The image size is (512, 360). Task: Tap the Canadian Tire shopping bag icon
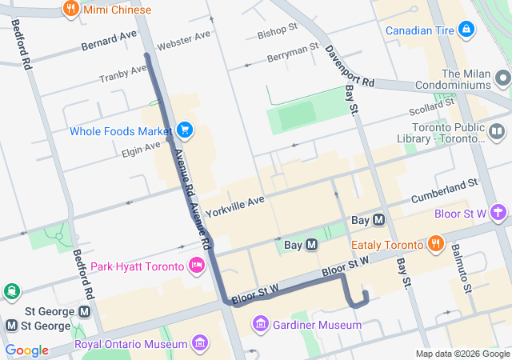pos(466,30)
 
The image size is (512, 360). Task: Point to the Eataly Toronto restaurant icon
pos(435,245)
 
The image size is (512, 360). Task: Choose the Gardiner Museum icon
pos(261,325)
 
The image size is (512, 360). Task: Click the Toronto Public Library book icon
pos(498,131)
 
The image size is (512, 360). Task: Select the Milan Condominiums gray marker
pos(502,78)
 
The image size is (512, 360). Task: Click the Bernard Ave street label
pos(109,41)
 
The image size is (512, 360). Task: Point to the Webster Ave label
pos(184,41)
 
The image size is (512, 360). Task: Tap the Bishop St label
pos(277,30)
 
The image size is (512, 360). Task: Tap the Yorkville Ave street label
pos(234,207)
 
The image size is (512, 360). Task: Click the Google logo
pos(26,350)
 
